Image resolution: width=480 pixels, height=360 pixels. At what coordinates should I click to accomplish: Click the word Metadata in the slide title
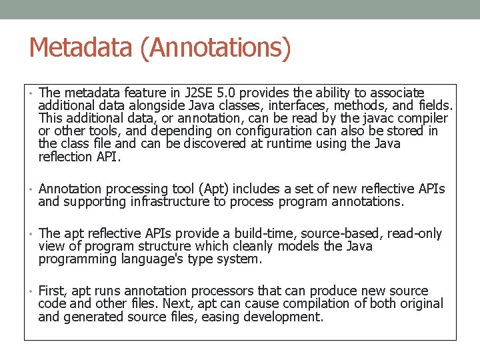tap(71, 48)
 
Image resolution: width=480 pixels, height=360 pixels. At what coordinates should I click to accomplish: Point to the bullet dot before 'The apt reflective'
tap(31, 234)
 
